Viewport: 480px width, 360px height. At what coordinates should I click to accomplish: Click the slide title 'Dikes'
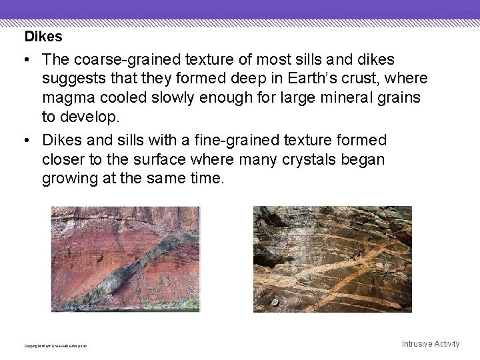pyautogui.click(x=43, y=37)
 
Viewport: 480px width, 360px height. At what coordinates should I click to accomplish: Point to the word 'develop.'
pyautogui.click(x=89, y=117)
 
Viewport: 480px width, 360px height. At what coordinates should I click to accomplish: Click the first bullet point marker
pyautogui.click(x=24, y=60)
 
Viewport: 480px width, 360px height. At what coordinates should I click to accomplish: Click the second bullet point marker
pyautogui.click(x=24, y=140)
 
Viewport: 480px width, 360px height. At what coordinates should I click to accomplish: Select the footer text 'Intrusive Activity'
pyautogui.click(x=430, y=344)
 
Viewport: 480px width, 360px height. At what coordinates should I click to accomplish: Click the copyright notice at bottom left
pyautogui.click(x=56, y=346)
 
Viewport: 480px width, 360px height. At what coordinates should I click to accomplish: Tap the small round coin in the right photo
pyautogui.click(x=273, y=302)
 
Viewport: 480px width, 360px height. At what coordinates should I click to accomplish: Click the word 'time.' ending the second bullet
pyautogui.click(x=207, y=179)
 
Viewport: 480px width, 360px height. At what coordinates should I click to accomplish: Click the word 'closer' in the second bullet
pyautogui.click(x=64, y=159)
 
